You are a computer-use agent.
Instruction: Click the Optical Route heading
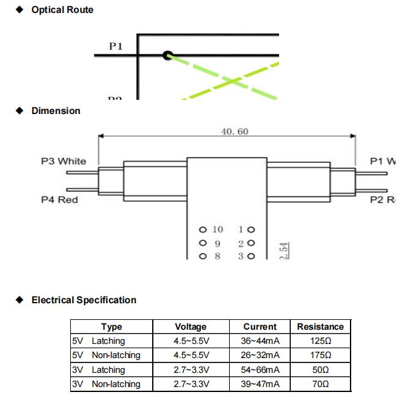62,10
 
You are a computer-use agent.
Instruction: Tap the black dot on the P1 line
167,55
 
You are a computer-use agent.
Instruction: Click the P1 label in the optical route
116,46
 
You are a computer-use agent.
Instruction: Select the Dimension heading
55,111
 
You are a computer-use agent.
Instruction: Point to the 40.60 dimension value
235,131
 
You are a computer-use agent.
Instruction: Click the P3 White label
63,161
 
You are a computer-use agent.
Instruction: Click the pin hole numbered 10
202,230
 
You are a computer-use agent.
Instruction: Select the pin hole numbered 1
251,230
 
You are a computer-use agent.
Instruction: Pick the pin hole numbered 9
202,243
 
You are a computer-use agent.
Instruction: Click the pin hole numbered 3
251,256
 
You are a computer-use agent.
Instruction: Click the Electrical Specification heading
84,300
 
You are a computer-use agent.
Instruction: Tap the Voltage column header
191,327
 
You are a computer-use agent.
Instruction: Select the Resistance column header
320,327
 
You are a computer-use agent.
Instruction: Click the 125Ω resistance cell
320,341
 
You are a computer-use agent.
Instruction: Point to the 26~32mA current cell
260,355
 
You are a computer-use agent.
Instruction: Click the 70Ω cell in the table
320,384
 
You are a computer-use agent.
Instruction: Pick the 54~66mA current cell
260,370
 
